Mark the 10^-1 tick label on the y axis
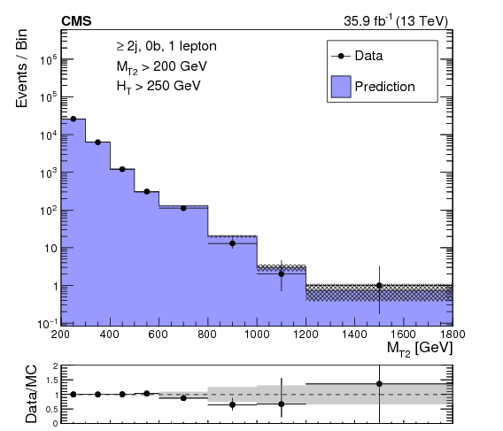point(48,324)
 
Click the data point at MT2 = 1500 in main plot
point(379,286)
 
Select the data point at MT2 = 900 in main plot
point(232,243)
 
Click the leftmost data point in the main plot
point(74,119)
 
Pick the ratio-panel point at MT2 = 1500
point(379,384)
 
